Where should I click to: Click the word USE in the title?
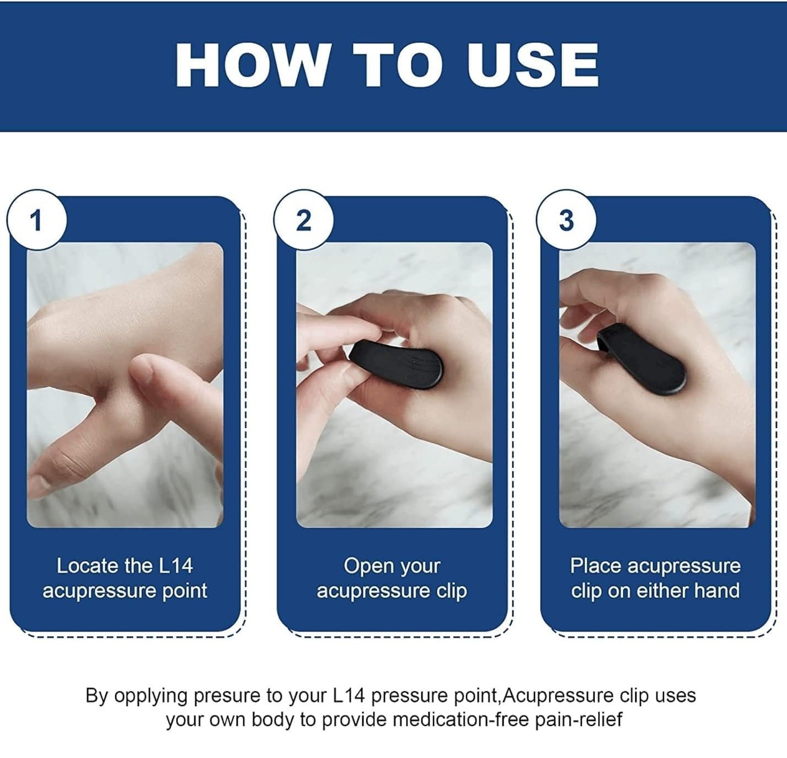pyautogui.click(x=533, y=65)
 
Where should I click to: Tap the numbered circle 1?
pyautogui.click(x=37, y=220)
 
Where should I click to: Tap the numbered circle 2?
pyautogui.click(x=304, y=220)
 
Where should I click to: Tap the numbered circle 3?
pyautogui.click(x=566, y=220)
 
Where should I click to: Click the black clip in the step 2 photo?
pyautogui.click(x=397, y=364)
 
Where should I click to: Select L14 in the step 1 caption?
pyautogui.click(x=175, y=566)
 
